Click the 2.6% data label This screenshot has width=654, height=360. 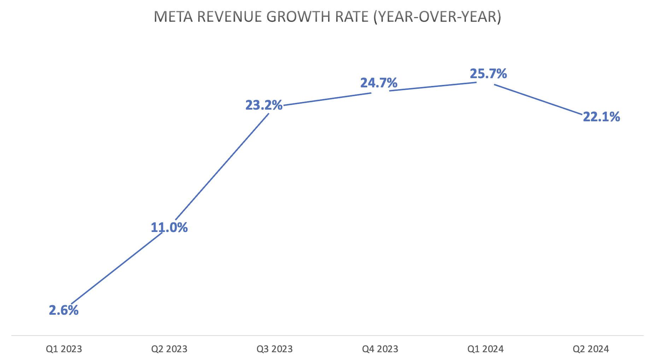tap(64, 310)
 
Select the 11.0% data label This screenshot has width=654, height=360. tap(169, 227)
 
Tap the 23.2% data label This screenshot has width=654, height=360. tap(264, 105)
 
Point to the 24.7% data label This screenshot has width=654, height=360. tap(379, 83)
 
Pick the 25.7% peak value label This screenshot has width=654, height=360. tap(488, 74)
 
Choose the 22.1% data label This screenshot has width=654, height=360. tap(601, 117)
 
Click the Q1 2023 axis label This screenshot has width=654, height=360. tap(64, 349)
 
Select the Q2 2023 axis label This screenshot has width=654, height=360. tap(169, 349)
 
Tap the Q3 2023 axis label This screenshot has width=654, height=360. tap(275, 349)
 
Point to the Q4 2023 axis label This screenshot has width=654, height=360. tap(380, 349)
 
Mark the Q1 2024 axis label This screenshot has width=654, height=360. tap(485, 349)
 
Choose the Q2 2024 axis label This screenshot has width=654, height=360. tap(591, 349)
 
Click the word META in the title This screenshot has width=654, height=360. tap(173, 17)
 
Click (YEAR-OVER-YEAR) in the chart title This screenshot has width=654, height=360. tap(437, 17)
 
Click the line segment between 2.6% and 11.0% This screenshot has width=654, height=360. tap(117, 268)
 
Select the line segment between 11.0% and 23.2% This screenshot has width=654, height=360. tap(222, 166)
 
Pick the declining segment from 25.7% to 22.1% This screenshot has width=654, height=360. tap(537, 99)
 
